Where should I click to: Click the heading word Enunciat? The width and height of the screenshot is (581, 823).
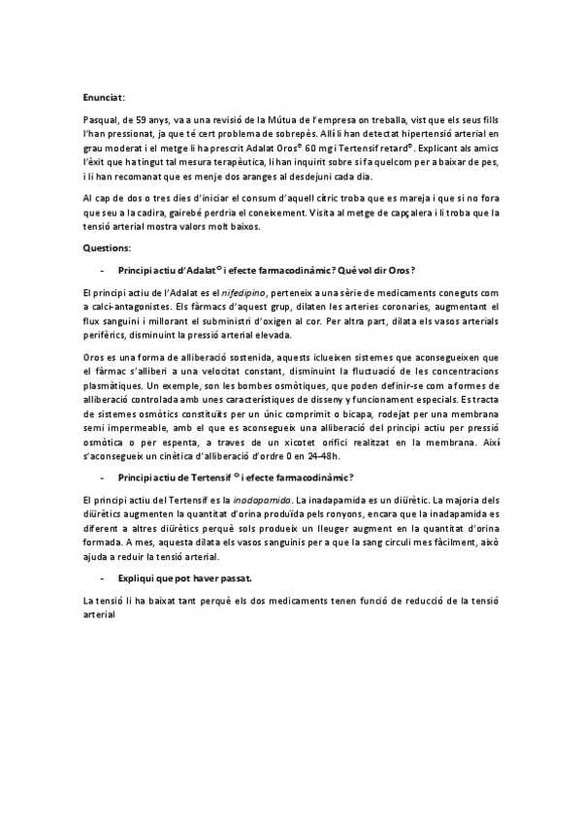[x=104, y=97]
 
